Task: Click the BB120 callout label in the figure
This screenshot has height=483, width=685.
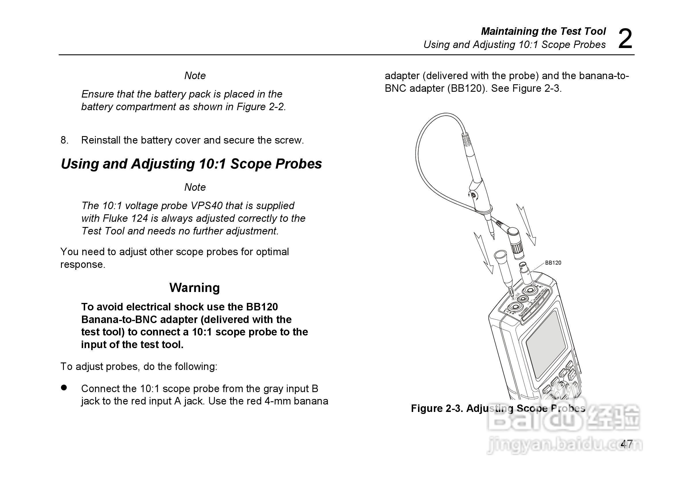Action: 553,263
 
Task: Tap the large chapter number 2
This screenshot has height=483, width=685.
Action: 625,39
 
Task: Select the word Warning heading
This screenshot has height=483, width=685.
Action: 194,288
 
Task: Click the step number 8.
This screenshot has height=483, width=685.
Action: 64,140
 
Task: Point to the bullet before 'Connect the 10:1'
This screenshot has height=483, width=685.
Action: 64,387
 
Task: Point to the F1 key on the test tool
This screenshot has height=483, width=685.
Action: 547,390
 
